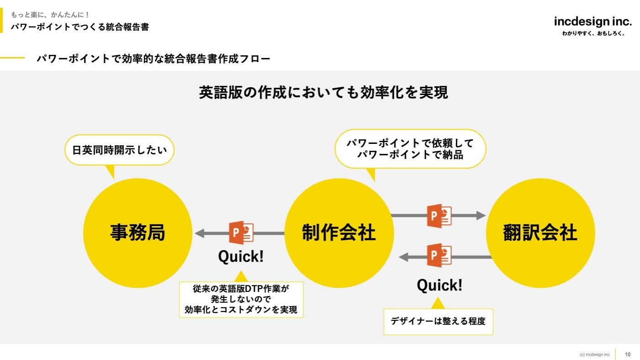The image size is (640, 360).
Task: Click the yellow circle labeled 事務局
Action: [138, 233]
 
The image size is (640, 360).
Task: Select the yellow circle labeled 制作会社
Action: [339, 233]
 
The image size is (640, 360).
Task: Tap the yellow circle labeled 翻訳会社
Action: [540, 233]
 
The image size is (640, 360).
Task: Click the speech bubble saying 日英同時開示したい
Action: [119, 150]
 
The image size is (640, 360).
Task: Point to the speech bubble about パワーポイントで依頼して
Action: [410, 149]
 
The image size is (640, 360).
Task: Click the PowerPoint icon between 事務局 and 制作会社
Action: [241, 233]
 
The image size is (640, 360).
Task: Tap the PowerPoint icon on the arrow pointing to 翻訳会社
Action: [439, 216]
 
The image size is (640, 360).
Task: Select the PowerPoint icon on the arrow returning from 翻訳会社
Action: [439, 255]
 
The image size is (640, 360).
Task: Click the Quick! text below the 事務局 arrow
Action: [241, 257]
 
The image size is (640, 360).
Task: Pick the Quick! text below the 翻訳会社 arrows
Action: [439, 286]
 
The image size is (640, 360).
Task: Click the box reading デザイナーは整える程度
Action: [438, 321]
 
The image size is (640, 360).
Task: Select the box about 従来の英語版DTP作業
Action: [241, 299]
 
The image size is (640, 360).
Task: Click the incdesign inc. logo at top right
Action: [592, 21]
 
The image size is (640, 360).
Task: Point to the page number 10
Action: [628, 354]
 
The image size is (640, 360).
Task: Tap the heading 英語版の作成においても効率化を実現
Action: [323, 92]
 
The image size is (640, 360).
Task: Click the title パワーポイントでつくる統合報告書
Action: [80, 26]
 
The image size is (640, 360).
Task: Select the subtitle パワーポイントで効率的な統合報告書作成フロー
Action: [153, 58]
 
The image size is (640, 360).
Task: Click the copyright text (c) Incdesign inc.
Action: [595, 355]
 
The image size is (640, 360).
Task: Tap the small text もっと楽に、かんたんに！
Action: [50, 15]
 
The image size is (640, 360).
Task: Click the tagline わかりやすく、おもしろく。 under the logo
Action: [593, 33]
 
